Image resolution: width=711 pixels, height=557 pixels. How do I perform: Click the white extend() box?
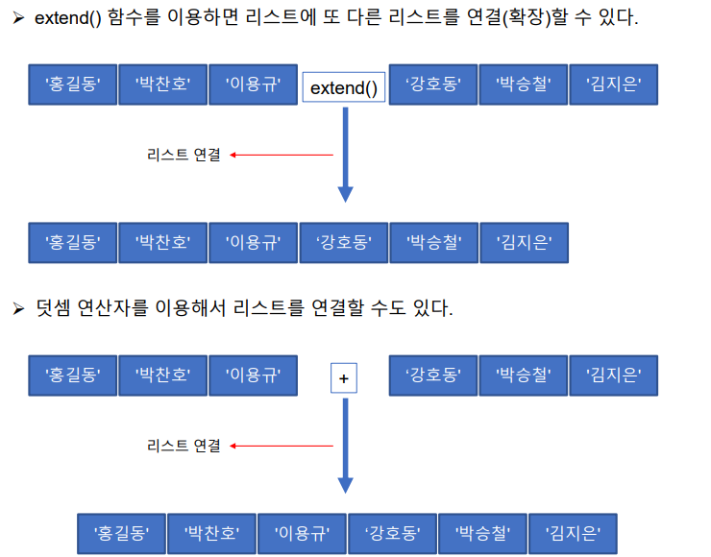(x=344, y=88)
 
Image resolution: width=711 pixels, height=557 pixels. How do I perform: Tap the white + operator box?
(x=343, y=378)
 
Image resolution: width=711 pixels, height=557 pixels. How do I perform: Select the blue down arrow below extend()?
(x=345, y=154)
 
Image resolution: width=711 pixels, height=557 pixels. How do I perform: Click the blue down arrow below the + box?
(x=345, y=444)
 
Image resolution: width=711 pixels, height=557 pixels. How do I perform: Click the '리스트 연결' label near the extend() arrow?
(x=184, y=155)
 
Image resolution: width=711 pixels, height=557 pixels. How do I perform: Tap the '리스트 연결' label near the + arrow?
(x=184, y=446)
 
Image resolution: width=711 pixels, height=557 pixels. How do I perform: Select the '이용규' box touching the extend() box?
(x=253, y=85)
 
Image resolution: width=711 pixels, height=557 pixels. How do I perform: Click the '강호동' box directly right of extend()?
(x=432, y=85)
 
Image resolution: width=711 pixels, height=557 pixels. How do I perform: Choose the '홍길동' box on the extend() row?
(x=72, y=85)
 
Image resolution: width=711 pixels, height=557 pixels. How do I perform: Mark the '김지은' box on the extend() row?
(x=613, y=85)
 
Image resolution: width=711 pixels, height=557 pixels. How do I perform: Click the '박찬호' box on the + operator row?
(x=162, y=375)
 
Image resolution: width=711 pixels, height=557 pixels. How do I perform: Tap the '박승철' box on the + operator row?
(x=523, y=375)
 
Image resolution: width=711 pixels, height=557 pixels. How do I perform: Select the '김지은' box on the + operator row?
(x=613, y=375)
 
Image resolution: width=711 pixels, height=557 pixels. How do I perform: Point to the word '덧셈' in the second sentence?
(x=55, y=308)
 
